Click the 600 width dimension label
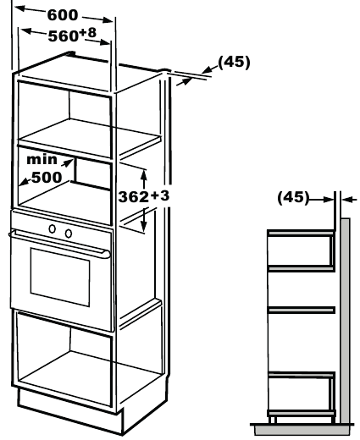pyautogui.click(x=63, y=15)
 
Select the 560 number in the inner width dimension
pyautogui.click(x=64, y=36)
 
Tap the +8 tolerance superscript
pyautogui.click(x=88, y=33)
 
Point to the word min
pyautogui.click(x=42, y=160)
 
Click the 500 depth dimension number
pyautogui.click(x=47, y=177)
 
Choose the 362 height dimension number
pyautogui.click(x=133, y=197)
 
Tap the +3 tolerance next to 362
pyautogui.click(x=159, y=195)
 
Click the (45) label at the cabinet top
pyautogui.click(x=234, y=62)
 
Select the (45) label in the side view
pyautogui.click(x=293, y=197)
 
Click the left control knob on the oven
pyautogui.click(x=52, y=228)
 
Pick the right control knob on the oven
pyautogui.click(x=69, y=234)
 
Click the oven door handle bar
pyautogui.click(x=59, y=243)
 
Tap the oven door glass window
pyautogui.click(x=60, y=278)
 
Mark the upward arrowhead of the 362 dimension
pyautogui.click(x=144, y=176)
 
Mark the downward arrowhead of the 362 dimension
pyautogui.click(x=144, y=226)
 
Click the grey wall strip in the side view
pyautogui.click(x=345, y=321)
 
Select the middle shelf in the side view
pyautogui.click(x=302, y=311)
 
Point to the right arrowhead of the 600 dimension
pyautogui.click(x=108, y=19)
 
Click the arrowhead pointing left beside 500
pyautogui.click(x=25, y=182)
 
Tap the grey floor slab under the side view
pyautogui.click(x=302, y=430)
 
